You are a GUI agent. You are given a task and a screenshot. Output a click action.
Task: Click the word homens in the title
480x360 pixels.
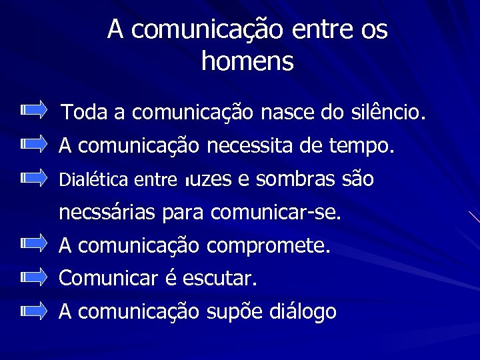tap(247, 61)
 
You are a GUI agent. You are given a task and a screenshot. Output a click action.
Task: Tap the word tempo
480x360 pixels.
tap(363, 145)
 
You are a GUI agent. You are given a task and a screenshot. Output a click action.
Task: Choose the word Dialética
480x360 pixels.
tap(93, 179)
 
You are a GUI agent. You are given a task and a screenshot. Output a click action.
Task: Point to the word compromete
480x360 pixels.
tap(268, 245)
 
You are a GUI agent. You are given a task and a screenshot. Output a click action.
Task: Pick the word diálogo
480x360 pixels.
tap(303, 311)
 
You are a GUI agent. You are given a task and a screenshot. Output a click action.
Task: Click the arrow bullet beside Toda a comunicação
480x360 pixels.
tap(34, 109)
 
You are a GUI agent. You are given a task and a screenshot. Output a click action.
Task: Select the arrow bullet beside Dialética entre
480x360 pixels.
tap(34, 177)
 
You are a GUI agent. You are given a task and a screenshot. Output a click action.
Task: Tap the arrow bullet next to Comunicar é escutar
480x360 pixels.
tap(34, 276)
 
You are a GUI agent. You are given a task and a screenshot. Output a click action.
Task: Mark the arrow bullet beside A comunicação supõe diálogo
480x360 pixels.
tap(34, 309)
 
